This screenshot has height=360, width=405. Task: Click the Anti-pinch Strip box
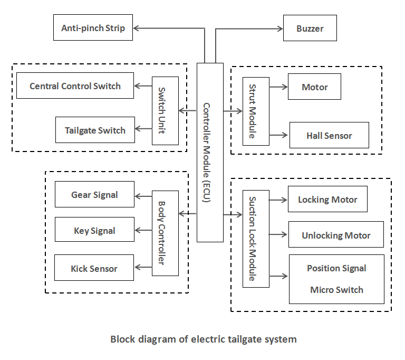coord(93,28)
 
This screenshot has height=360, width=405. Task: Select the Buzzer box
coord(310,29)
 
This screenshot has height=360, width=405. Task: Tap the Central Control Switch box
coord(75,86)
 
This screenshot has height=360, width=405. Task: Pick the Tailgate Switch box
coord(95,130)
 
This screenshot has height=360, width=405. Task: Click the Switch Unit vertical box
coord(165,111)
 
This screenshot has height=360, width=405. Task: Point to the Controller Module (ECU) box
coord(210,153)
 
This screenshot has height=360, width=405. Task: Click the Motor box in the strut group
coord(314,87)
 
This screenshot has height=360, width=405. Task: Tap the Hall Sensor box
coord(329,136)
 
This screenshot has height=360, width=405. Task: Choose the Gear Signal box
coord(94,195)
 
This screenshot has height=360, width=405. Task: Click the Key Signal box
coord(94,231)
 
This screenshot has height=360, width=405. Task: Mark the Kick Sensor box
coord(94,269)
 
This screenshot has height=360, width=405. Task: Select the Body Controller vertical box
coord(165,233)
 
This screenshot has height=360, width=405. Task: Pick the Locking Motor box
coord(327,200)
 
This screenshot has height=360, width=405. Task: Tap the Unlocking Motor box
coord(336,235)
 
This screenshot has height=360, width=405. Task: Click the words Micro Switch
coord(336,290)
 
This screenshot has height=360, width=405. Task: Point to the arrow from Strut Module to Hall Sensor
coord(279,135)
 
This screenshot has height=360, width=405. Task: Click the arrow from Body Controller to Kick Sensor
coord(143,269)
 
